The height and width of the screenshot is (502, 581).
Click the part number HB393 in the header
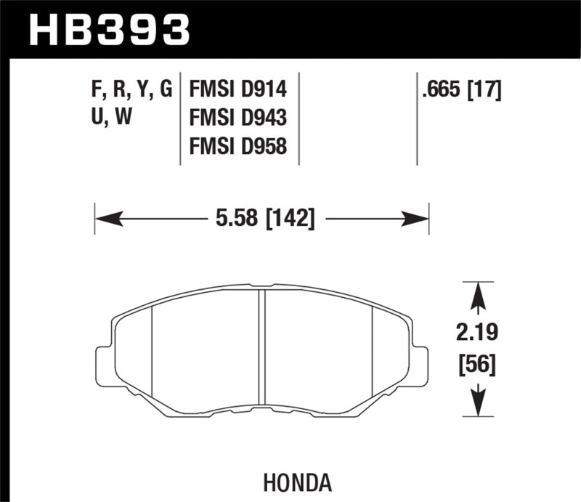109,29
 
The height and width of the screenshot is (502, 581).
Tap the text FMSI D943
238,118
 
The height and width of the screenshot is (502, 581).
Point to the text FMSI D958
238,147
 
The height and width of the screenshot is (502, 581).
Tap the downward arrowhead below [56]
477,403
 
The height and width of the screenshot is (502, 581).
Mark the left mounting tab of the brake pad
103,361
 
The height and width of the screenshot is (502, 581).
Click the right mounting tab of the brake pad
420,361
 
